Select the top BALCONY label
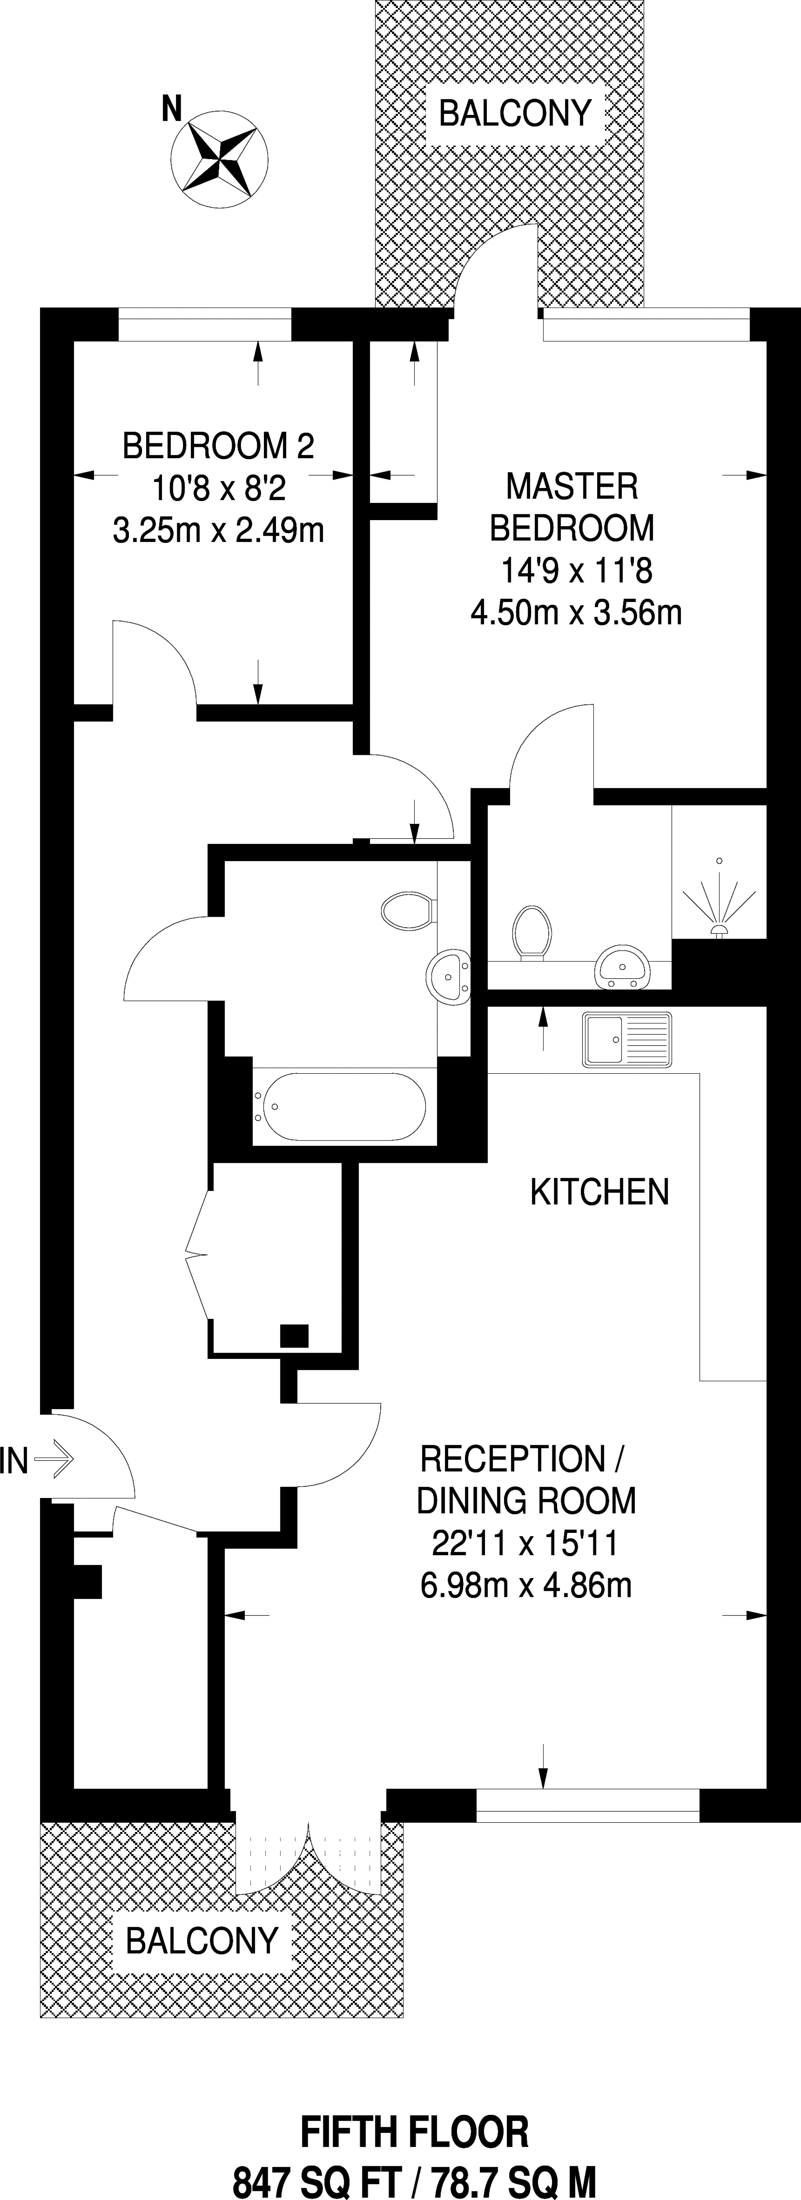coord(515,113)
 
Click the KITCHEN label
coord(599,1192)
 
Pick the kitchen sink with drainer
coord(627,1039)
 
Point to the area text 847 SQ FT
coord(317,2180)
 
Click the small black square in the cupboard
coord(295,1335)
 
